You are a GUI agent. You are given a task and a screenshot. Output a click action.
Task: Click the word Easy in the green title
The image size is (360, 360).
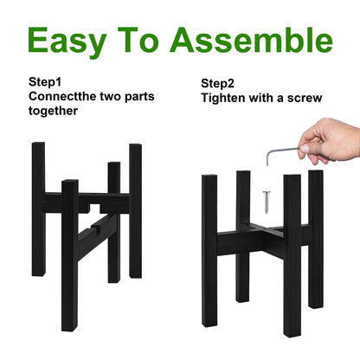click(67, 42)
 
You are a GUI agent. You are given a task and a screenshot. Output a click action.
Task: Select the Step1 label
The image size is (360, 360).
click(45, 82)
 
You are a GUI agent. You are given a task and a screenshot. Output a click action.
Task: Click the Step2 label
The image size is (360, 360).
click(217, 84)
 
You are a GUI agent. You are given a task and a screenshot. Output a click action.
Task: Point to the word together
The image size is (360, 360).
click(53, 111)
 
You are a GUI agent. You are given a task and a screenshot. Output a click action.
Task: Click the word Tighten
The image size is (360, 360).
click(223, 98)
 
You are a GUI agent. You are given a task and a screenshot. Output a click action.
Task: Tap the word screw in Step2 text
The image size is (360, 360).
click(305, 99)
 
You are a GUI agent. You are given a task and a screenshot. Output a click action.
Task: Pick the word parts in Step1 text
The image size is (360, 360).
click(139, 97)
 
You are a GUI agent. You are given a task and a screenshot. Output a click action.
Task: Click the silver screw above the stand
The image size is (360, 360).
click(267, 202)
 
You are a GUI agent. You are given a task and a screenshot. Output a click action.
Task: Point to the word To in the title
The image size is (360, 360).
click(138, 40)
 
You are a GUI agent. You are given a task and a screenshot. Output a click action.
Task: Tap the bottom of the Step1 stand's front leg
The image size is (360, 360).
click(69, 328)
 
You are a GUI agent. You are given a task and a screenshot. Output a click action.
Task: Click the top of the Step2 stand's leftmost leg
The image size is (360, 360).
click(209, 177)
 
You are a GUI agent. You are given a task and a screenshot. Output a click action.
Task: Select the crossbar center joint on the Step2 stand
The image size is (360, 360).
click(263, 229)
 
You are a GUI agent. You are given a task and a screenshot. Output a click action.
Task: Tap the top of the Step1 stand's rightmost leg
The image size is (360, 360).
click(136, 145)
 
